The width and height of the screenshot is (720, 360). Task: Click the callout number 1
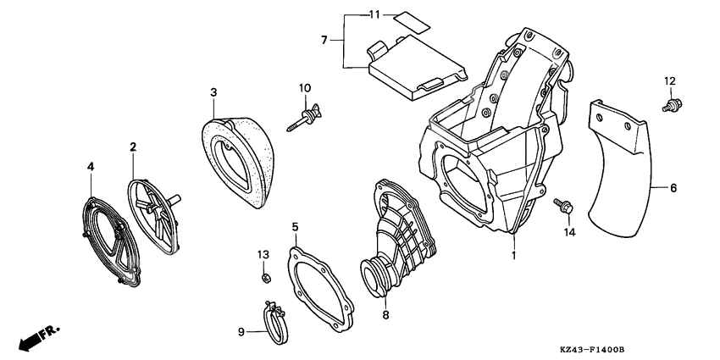coord(513,254)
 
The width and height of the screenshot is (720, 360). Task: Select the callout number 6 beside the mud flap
coord(673,188)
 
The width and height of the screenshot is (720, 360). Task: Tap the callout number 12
coord(669,80)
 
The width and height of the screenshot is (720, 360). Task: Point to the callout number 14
coord(569,232)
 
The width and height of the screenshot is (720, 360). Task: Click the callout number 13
coord(263,254)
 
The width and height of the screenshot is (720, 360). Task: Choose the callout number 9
coord(241,331)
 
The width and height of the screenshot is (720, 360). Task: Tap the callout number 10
coord(305,87)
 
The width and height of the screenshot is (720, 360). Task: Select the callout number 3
coord(214,91)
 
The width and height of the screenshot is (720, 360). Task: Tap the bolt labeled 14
coord(562,204)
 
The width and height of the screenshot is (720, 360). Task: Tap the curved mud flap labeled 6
coord(623,169)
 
